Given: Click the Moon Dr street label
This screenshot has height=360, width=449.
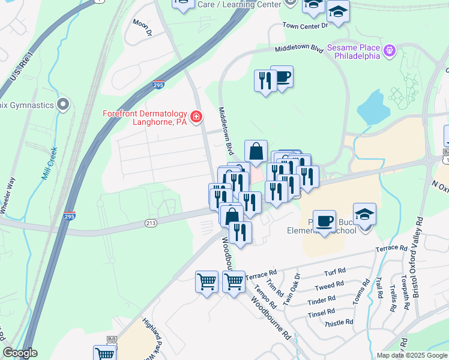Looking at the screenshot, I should tap(142, 28).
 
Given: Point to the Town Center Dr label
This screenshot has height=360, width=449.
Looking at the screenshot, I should tap(306, 26).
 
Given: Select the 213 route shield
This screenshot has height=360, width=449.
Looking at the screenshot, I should tap(151, 223).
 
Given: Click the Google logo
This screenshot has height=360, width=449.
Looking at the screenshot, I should tap(20, 353).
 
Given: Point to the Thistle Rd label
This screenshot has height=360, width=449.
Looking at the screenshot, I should tap(339, 323).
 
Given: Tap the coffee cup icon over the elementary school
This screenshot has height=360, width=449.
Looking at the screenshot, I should tap(325, 221).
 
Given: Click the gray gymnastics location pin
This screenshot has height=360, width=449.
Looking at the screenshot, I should tap(63, 106).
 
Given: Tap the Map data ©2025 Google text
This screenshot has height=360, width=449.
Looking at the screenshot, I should tap(411, 355).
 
